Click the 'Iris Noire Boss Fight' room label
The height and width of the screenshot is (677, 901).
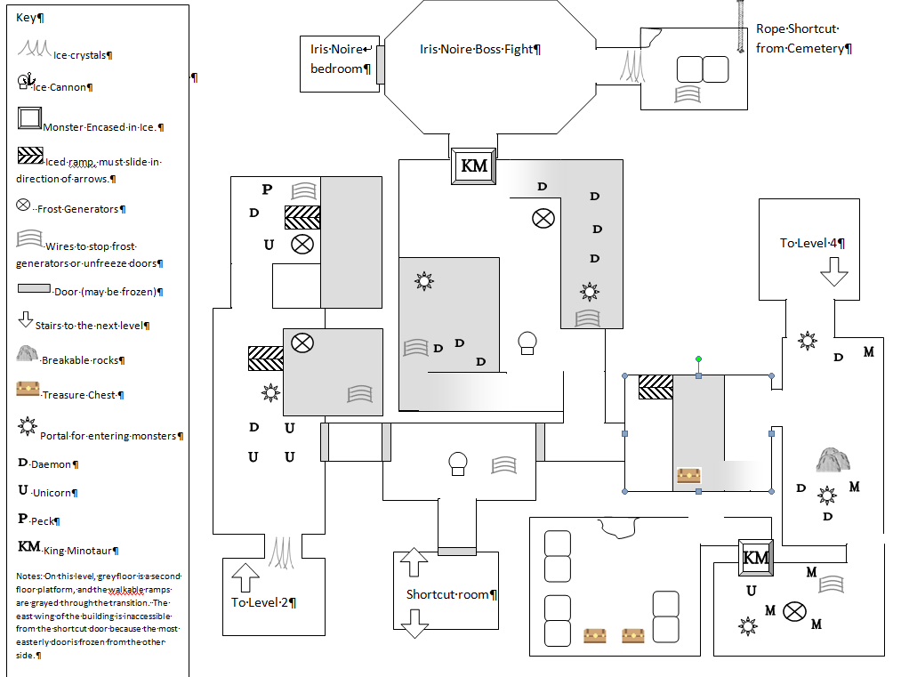(479, 50)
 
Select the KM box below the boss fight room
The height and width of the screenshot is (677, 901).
(473, 166)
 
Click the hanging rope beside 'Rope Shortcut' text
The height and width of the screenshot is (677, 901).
(741, 27)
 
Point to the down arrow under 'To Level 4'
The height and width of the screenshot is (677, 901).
(833, 271)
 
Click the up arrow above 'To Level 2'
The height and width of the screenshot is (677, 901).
(245, 577)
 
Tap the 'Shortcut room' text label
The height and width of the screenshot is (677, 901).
(451, 594)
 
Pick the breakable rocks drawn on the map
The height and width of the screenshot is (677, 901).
(833, 460)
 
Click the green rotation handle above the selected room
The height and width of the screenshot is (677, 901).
(698, 359)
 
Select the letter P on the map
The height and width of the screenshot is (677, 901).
(267, 189)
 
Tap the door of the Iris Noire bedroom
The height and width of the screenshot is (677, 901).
(381, 65)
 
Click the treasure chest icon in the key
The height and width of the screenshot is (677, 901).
(28, 389)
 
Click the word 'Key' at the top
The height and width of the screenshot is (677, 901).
(27, 17)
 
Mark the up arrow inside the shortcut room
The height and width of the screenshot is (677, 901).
(414, 562)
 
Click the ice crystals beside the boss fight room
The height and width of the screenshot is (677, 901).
(632, 66)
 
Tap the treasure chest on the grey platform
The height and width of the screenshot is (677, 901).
(689, 475)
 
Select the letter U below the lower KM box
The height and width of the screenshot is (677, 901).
(751, 590)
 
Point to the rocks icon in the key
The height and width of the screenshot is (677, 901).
(27, 353)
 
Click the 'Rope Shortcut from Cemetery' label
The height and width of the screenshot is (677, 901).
(803, 38)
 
